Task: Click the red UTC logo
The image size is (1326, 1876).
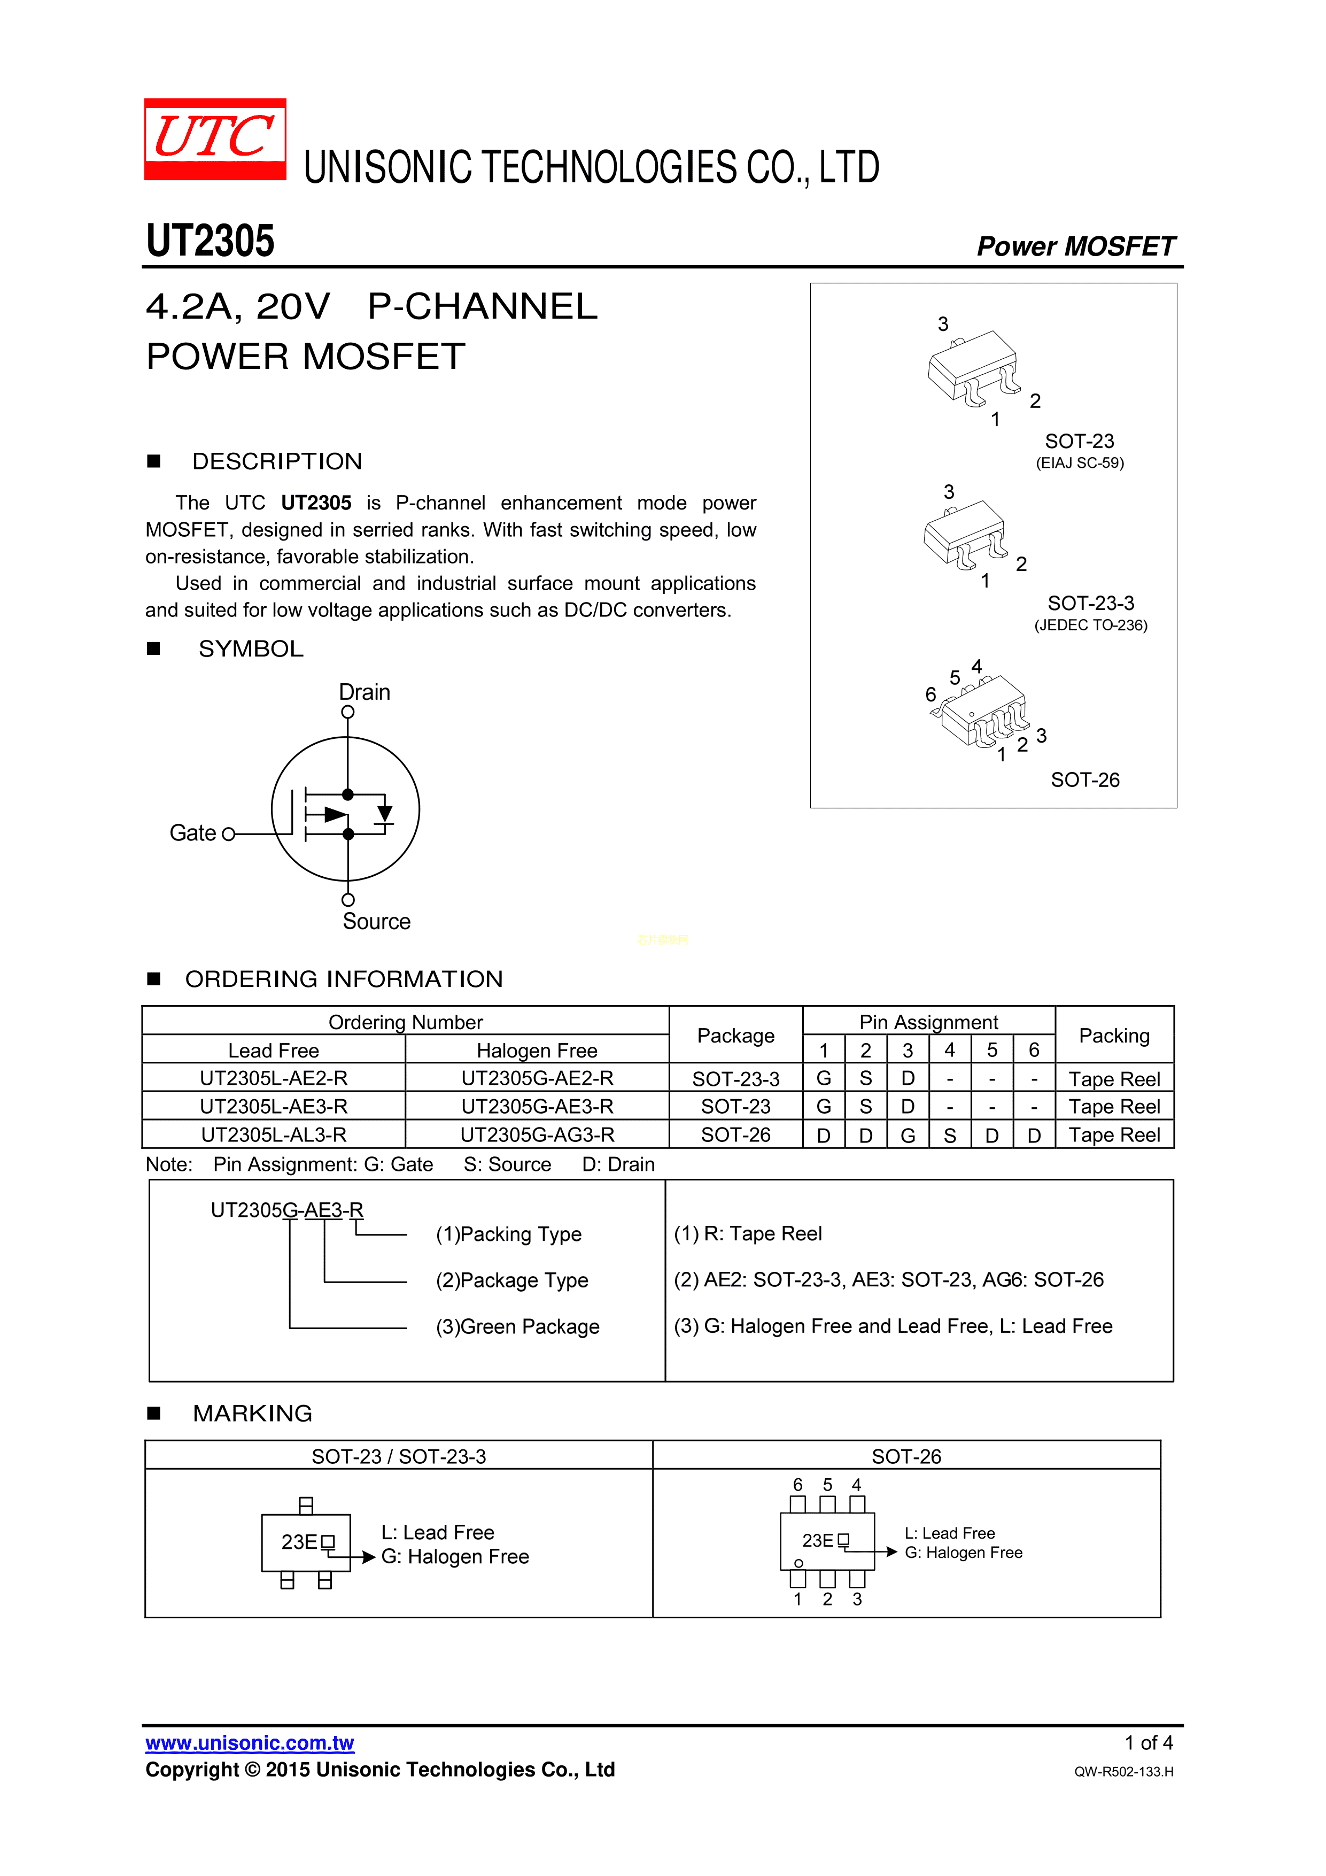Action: point(215,139)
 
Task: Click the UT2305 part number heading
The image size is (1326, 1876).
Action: point(210,241)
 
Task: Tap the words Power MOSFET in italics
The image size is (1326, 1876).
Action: point(1075,246)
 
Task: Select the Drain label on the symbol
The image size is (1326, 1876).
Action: point(365,692)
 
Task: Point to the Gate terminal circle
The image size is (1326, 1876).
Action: point(229,834)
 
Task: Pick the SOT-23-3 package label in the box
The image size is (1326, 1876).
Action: point(1091,603)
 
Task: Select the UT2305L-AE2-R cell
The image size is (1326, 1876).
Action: point(274,1078)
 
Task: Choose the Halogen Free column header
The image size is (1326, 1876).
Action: point(537,1050)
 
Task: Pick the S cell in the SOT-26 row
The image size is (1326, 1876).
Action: point(949,1135)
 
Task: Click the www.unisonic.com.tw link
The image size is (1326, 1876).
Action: point(250,1743)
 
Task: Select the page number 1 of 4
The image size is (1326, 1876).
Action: point(1148,1743)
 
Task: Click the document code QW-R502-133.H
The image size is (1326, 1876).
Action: point(1123,1771)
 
